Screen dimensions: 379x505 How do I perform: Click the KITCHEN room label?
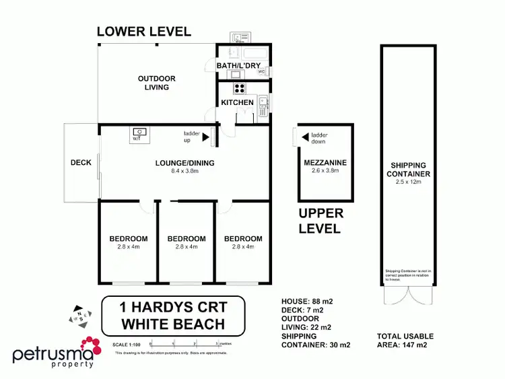click(x=237, y=102)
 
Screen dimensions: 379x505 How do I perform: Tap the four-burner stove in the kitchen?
click(x=239, y=88)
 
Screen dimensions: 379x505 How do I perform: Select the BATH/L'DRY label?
click(x=242, y=65)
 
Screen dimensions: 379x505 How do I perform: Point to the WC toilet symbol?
click(x=260, y=72)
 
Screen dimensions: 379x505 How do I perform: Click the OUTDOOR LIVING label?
click(x=156, y=83)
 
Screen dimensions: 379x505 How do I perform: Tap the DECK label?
click(x=81, y=162)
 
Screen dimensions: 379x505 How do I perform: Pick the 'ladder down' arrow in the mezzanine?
click(x=306, y=137)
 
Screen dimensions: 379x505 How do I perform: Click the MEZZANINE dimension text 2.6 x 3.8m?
click(x=325, y=171)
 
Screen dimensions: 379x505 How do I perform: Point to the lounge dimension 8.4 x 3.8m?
click(x=176, y=171)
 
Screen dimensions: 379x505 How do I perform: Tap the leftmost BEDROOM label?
click(x=129, y=238)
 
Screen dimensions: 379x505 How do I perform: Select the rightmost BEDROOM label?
click(x=243, y=238)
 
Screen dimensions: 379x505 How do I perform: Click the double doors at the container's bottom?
click(x=402, y=296)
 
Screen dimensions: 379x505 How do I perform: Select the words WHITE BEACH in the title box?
click(x=172, y=324)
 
